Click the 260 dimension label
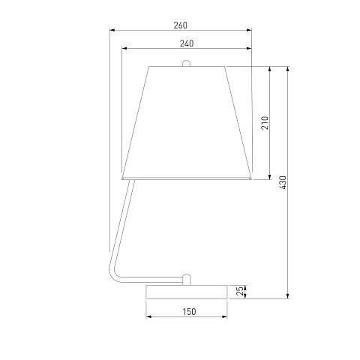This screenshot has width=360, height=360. (x=180, y=25)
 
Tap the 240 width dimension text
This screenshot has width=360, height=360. (x=187, y=43)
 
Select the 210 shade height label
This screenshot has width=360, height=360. (x=265, y=123)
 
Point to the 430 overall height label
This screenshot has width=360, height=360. (x=283, y=182)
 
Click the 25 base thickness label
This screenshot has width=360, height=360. (x=240, y=291)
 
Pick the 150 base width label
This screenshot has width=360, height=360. (x=189, y=312)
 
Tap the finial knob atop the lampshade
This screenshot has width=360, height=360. (x=186, y=63)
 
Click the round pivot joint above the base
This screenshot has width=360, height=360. (x=186, y=280)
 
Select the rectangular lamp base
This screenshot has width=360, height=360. (x=187, y=292)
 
